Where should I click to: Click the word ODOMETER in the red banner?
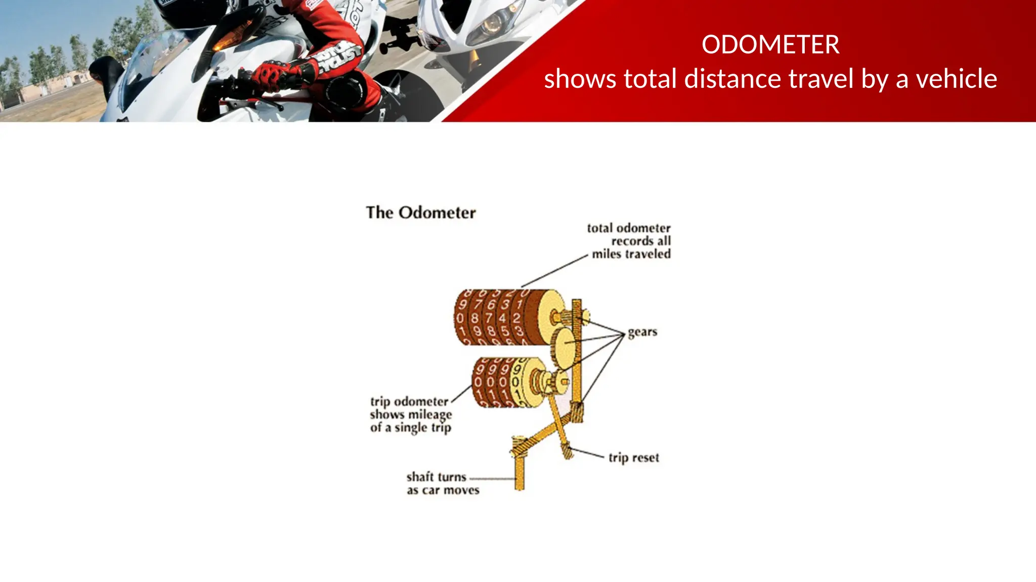pyautogui.click(x=770, y=44)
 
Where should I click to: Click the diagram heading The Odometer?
pyautogui.click(x=420, y=213)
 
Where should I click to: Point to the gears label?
pyautogui.click(x=642, y=332)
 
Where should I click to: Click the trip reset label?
pyautogui.click(x=633, y=458)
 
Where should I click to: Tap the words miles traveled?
pyautogui.click(x=631, y=254)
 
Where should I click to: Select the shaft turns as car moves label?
pyautogui.click(x=443, y=483)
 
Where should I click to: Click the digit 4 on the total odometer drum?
pyautogui.click(x=502, y=318)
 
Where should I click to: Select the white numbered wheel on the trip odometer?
pyautogui.click(x=516, y=381)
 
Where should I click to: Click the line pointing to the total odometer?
pyautogui.click(x=554, y=271)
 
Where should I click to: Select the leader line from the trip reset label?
pyautogui.click(x=587, y=452)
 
